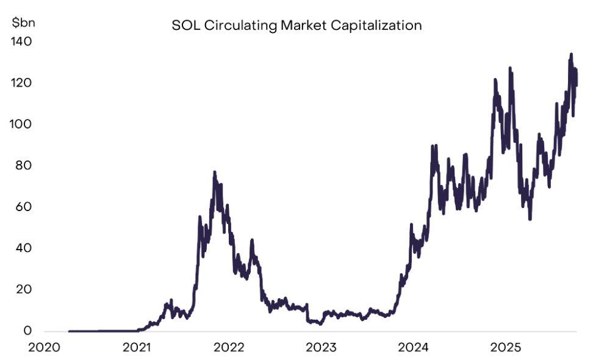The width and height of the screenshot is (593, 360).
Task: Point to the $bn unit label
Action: [x=24, y=23]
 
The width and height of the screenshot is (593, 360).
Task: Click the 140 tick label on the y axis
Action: [x=21, y=41]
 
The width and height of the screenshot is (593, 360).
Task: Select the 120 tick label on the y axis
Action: [x=21, y=83]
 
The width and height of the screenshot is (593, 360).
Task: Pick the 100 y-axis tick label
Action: [x=21, y=124]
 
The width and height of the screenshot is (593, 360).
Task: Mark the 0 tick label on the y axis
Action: [x=27, y=331]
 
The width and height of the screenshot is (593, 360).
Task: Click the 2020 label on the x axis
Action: [x=45, y=348]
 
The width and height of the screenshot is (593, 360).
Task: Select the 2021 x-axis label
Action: [x=137, y=348]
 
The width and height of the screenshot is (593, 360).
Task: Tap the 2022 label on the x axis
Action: [x=229, y=348]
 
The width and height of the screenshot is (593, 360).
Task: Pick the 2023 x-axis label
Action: [x=321, y=348]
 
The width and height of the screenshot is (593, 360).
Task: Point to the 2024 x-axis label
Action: [x=413, y=348]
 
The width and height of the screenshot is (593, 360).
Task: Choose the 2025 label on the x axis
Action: [x=505, y=348]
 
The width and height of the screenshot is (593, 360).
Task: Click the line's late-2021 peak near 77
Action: [x=214, y=173]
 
